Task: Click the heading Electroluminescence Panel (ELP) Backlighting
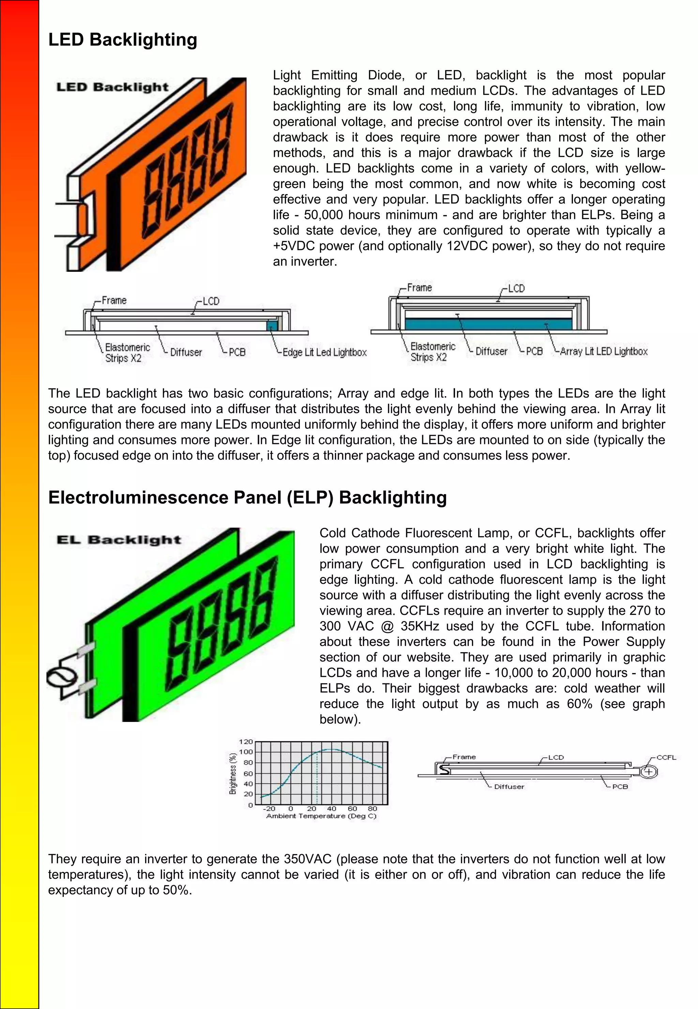[x=247, y=498]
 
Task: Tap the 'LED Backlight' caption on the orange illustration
[x=112, y=87]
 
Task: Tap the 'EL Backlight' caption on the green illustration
[x=119, y=539]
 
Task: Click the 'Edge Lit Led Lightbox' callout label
[x=324, y=353]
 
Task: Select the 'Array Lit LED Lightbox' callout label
[x=604, y=351]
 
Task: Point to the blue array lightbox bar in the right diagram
[x=488, y=324]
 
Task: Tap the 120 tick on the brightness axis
[x=246, y=742]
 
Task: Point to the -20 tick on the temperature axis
[x=269, y=808]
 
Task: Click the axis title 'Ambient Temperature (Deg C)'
[x=321, y=816]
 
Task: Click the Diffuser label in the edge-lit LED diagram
[x=186, y=353]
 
